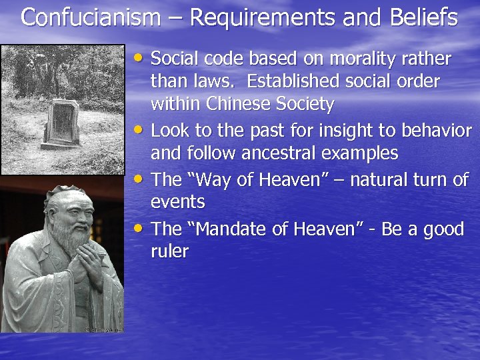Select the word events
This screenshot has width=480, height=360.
pyautogui.click(x=178, y=201)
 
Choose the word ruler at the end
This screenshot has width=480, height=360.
pyautogui.click(x=170, y=251)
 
